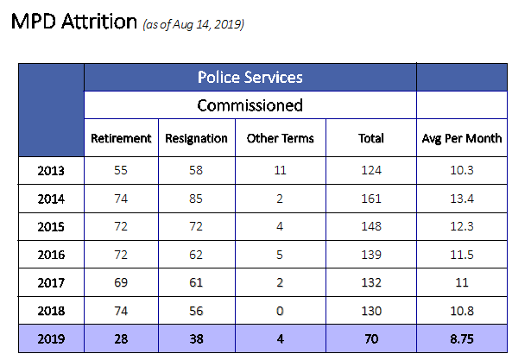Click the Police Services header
point(250,78)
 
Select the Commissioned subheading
point(250,105)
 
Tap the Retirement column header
point(121,138)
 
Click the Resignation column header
point(196,138)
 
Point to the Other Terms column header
point(280,138)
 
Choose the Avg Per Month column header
point(462,138)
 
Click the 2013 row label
point(51,171)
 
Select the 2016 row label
point(51,255)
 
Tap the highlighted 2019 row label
point(51,338)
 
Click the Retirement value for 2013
point(121,170)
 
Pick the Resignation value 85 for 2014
point(196,199)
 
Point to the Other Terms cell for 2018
point(280,311)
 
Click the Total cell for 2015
point(371,226)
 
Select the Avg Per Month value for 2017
point(462,282)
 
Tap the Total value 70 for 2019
point(371,338)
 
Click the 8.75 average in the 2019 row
point(462,338)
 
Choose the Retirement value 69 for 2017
point(121,282)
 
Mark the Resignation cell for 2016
point(196,255)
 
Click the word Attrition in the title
point(99,22)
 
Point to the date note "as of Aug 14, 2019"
point(193,24)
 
